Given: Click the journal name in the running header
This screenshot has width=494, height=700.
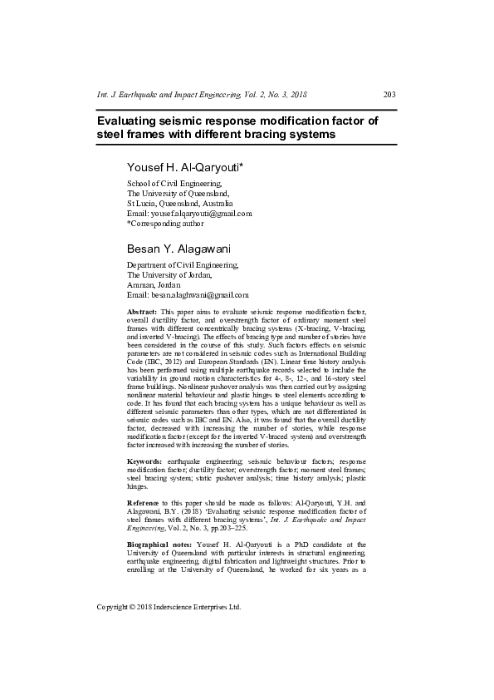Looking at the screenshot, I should [x=203, y=94].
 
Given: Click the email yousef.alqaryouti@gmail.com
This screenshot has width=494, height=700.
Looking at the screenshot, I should [x=188, y=214].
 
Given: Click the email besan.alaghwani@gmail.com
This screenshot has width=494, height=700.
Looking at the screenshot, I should [x=188, y=295].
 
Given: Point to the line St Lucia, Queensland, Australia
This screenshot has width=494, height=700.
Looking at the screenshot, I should [x=179, y=204].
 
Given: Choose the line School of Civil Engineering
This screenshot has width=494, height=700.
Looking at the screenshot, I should [x=174, y=184].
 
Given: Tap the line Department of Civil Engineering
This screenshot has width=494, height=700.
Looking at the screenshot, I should [x=182, y=265].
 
